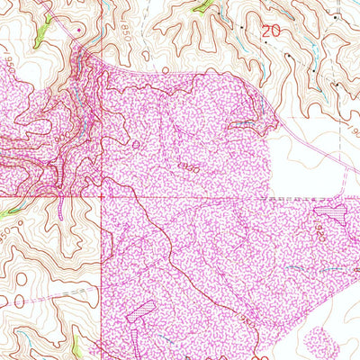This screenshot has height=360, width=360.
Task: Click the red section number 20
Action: pos(270,30)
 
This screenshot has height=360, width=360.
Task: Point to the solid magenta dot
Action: pos(79,30)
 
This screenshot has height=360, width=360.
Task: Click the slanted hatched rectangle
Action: pos(141,312)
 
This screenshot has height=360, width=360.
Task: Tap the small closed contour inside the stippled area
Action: pos(137,144)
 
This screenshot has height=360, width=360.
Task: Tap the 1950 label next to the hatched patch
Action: pos(320,233)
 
